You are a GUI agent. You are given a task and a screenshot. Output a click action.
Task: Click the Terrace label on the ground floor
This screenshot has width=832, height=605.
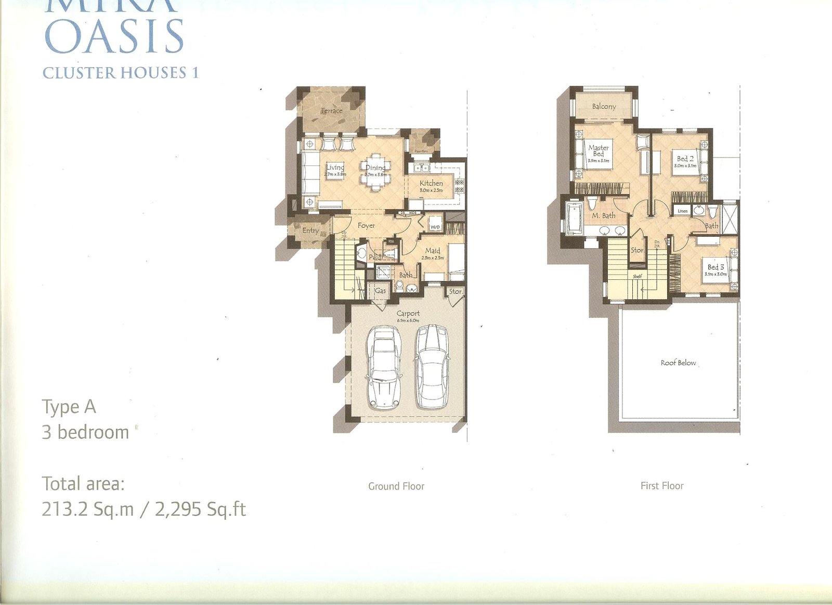click(331, 110)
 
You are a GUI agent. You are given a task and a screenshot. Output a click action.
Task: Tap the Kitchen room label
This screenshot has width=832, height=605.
click(431, 183)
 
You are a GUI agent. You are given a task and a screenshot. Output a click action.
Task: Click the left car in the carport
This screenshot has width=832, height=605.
click(384, 367)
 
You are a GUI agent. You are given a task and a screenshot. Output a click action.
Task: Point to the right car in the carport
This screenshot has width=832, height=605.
click(432, 366)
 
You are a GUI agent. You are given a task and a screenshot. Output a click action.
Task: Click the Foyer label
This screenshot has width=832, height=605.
click(366, 225)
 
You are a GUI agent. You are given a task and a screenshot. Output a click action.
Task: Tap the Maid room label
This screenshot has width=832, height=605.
click(433, 251)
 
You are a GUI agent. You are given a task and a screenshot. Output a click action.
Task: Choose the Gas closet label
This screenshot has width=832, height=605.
click(381, 291)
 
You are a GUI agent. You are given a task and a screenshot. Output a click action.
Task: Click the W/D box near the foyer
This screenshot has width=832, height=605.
click(435, 227)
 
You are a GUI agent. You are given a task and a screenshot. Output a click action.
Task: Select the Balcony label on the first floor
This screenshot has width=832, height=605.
click(604, 106)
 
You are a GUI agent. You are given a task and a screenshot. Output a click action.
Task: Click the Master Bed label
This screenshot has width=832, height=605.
click(599, 151)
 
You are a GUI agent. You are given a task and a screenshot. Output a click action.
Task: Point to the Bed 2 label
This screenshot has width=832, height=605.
click(685, 159)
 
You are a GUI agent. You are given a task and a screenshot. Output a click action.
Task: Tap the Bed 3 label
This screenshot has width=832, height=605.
click(716, 267)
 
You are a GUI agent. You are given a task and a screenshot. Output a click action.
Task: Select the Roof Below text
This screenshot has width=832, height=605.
click(678, 363)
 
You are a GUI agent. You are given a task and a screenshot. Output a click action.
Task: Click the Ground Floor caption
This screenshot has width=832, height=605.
click(396, 486)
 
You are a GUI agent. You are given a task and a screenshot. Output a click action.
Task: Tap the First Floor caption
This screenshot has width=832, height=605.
click(662, 486)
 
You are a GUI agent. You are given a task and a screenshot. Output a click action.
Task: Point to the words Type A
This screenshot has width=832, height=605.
click(69, 407)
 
